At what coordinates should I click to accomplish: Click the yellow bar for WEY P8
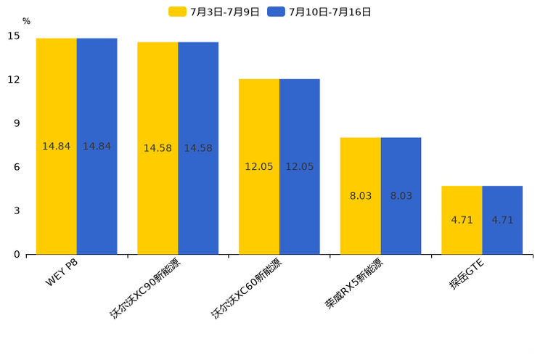[56, 146]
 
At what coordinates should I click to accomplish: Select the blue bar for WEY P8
[97, 146]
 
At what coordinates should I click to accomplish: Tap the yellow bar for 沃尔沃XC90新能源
[157, 148]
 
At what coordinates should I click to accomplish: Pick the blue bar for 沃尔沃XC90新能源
[198, 148]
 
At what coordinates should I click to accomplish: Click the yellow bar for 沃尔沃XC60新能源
[259, 166]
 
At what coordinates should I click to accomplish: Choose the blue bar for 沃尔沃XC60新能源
[299, 166]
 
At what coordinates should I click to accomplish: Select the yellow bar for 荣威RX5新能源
[360, 196]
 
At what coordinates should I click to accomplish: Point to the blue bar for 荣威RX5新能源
[401, 196]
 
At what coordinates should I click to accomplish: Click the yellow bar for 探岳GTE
[462, 220]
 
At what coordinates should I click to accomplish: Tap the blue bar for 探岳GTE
[502, 220]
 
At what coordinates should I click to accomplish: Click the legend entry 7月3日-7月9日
[214, 12]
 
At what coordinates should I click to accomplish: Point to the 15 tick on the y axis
[14, 36]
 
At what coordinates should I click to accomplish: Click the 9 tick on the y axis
[14, 123]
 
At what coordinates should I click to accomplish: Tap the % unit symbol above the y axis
[26, 21]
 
